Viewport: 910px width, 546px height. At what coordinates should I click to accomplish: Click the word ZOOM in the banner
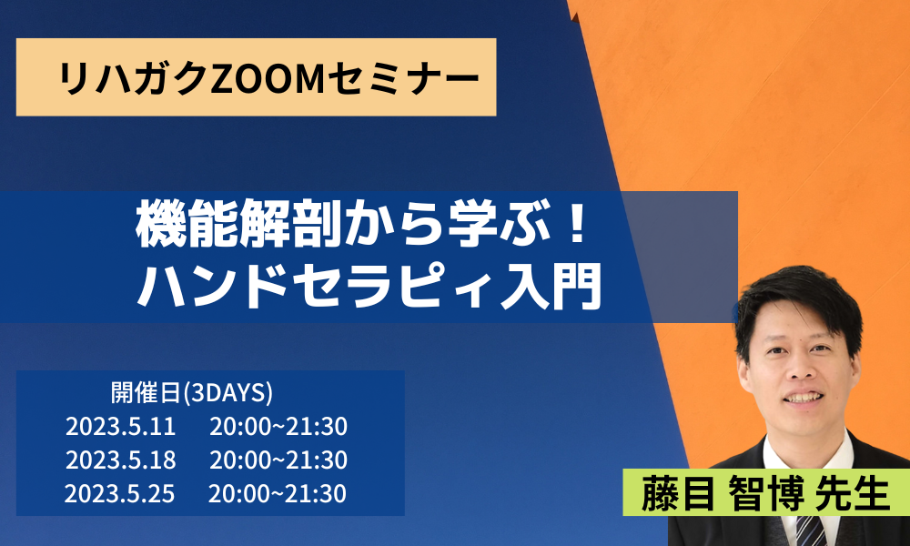coord(266,77)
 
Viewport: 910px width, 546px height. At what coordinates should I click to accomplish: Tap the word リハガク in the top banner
coord(134,77)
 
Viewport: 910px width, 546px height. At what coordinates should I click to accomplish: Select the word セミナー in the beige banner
coord(401,77)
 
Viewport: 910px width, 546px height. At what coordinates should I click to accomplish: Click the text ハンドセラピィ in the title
coord(318,287)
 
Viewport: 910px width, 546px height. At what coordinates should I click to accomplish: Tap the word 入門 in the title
coord(551,287)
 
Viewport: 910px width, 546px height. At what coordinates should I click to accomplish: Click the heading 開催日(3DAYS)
coord(191,393)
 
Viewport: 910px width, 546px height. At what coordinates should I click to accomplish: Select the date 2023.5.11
coord(120,427)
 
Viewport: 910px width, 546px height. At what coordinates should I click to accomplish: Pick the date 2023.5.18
coord(120,460)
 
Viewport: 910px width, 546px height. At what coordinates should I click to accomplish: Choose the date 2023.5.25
coord(119,494)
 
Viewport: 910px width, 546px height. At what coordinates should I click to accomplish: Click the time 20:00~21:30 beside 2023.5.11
coord(278,427)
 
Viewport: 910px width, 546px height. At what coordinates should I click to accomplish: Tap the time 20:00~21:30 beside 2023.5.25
coord(278,494)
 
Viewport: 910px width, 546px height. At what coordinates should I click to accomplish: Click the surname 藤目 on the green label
coord(677,494)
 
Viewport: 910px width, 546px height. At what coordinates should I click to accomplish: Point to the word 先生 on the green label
coord(853,494)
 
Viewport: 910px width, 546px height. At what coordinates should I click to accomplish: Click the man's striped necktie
coord(811,531)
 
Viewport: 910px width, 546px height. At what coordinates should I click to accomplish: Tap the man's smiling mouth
coord(804,398)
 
